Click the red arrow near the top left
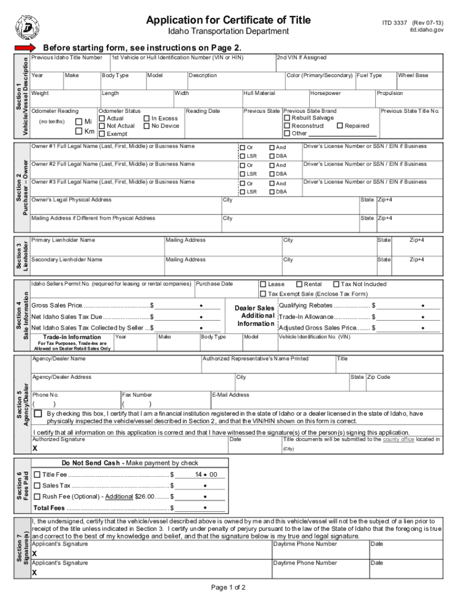point(26,47)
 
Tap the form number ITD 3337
point(392,21)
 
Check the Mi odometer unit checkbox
point(79,122)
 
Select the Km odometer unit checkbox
point(79,131)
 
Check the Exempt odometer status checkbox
point(102,134)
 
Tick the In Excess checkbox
point(147,118)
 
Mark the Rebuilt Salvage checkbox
point(287,118)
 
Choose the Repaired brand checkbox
point(339,126)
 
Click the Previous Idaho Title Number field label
point(66,58)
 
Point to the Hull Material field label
point(259,93)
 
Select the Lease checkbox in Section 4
point(263,284)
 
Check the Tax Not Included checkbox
point(336,284)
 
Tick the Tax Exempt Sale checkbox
point(263,294)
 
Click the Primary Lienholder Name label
point(63,240)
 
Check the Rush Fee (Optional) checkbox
point(37,496)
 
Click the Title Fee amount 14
point(199,474)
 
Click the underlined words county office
point(398,439)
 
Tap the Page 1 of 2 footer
point(228,588)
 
